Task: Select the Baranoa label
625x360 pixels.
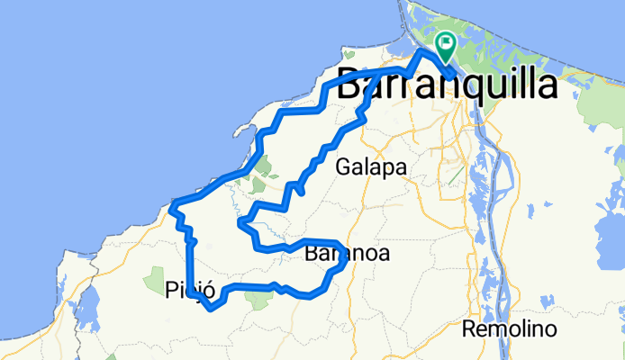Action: pyautogui.click(x=347, y=255)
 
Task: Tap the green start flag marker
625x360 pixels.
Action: pyautogui.click(x=446, y=43)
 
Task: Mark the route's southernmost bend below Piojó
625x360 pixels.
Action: pyautogui.click(x=210, y=309)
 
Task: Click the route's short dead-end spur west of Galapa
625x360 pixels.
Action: pyautogui.click(x=301, y=192)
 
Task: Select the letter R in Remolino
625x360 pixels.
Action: pyautogui.click(x=470, y=328)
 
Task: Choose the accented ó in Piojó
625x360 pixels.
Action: pyautogui.click(x=210, y=290)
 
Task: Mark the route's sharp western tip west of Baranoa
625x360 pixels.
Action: pyautogui.click(x=240, y=220)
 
